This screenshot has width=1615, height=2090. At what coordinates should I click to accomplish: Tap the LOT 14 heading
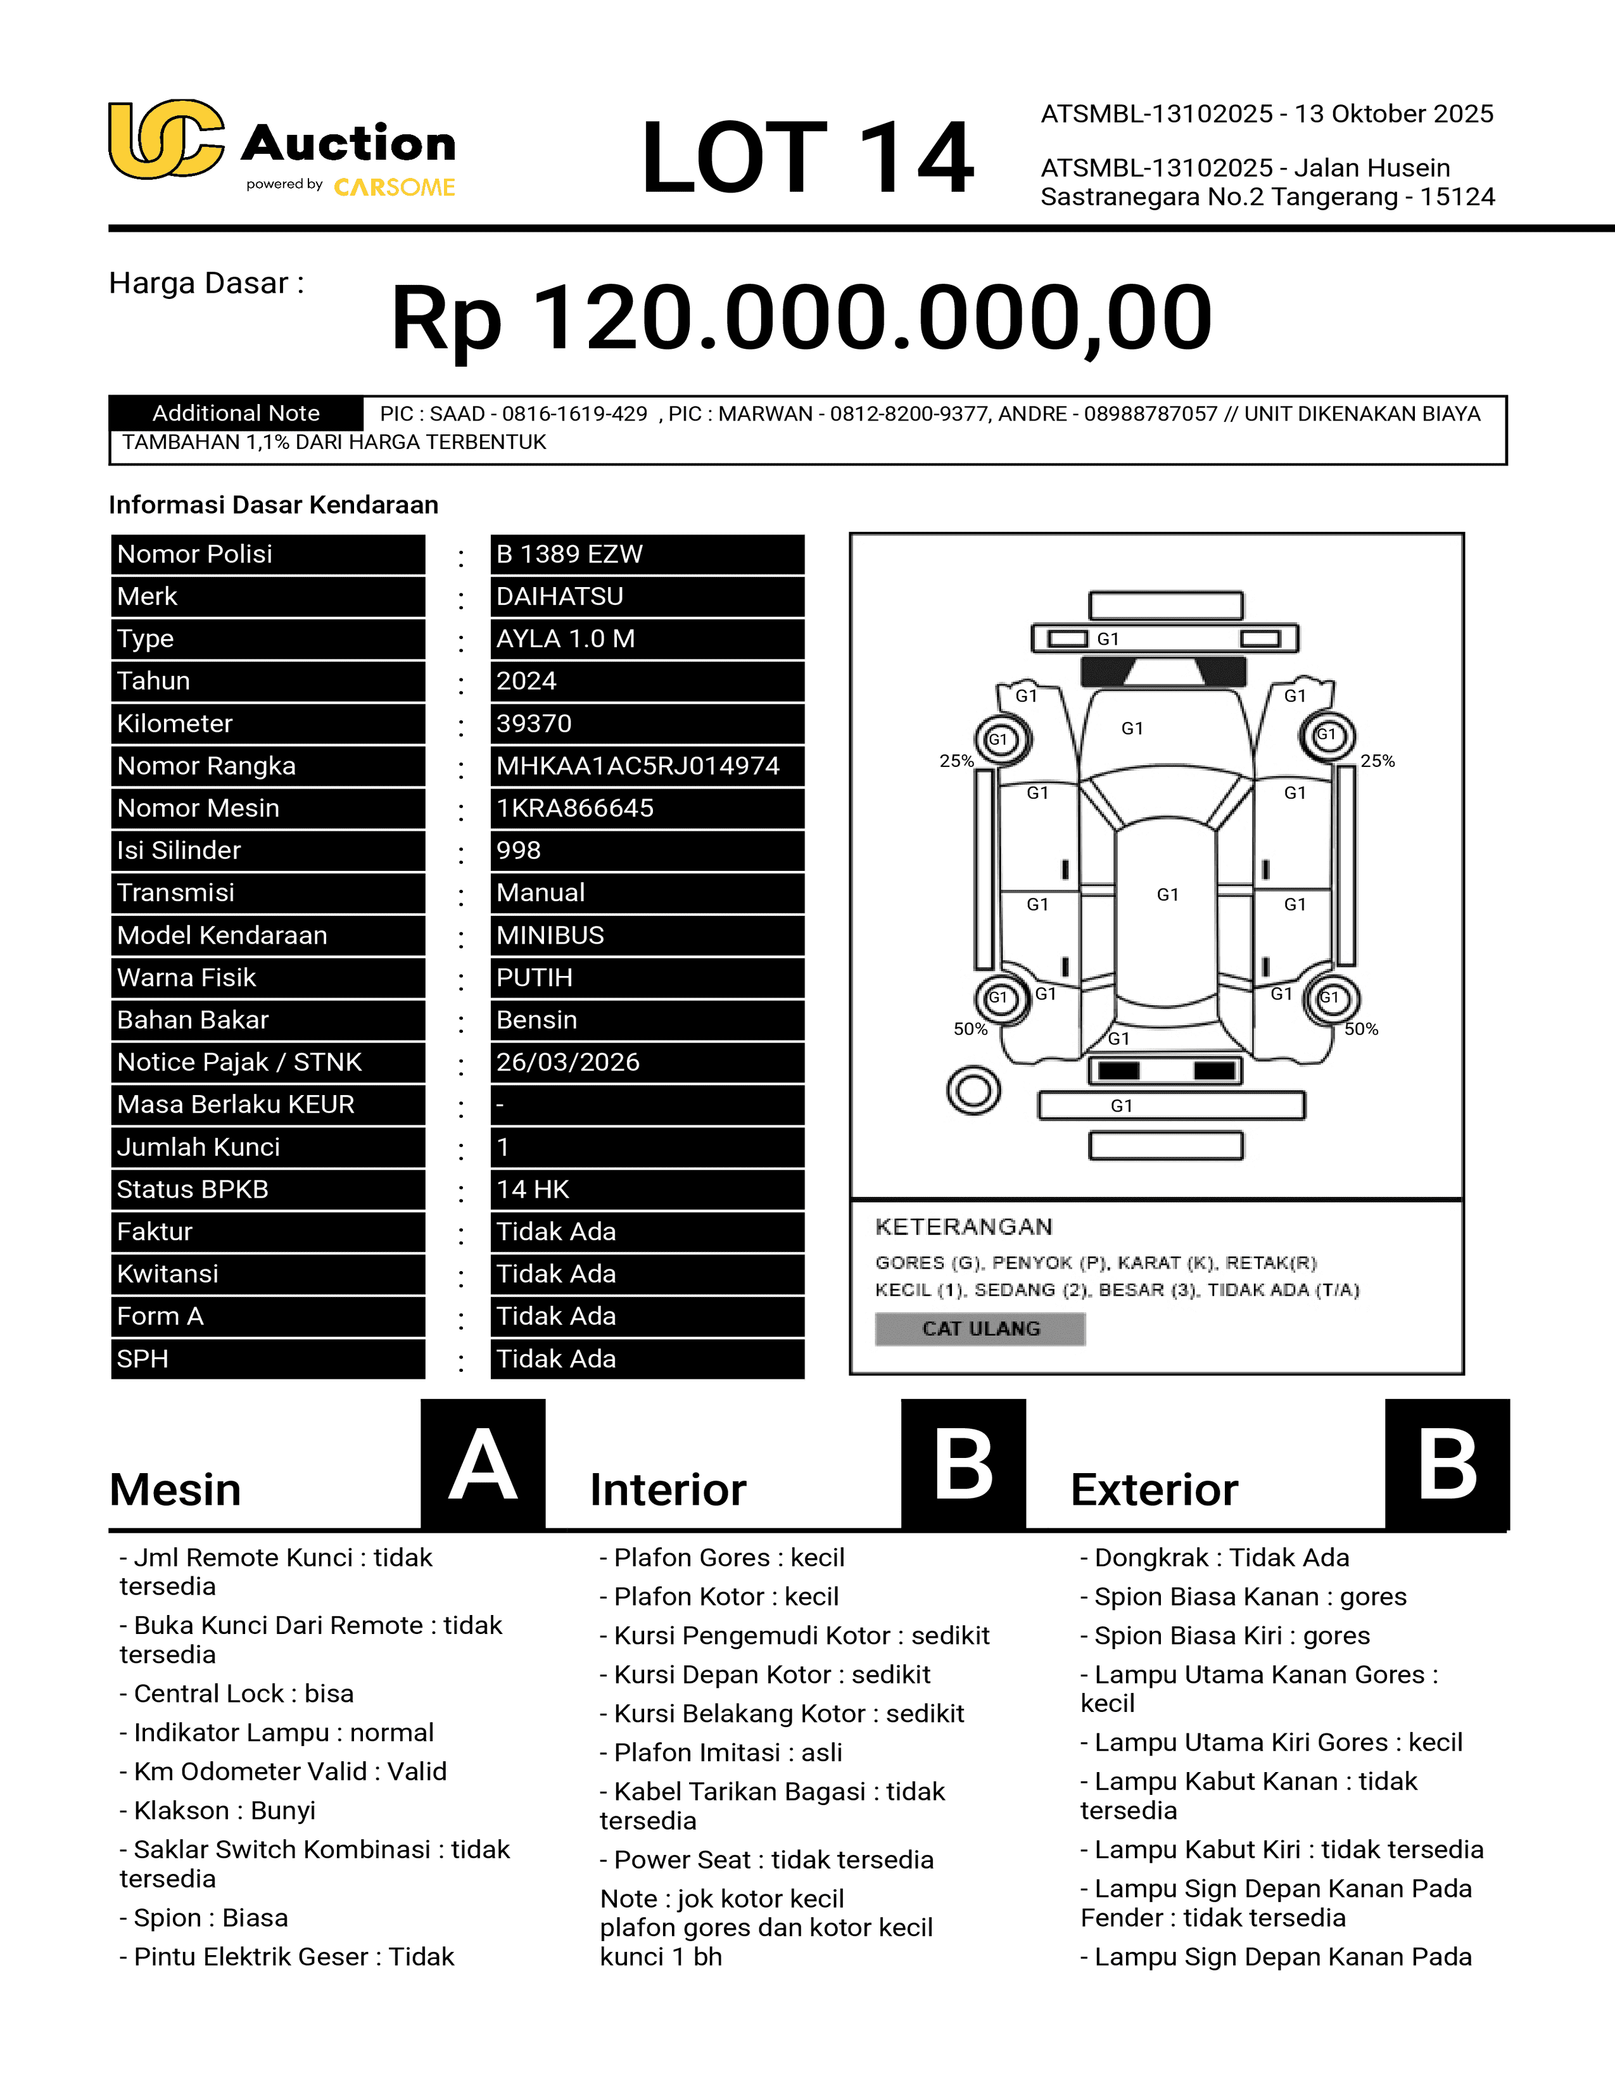[x=806, y=157]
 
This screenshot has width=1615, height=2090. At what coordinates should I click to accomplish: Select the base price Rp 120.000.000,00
[x=802, y=318]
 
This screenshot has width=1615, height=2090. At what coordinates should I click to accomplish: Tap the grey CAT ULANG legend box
[x=980, y=1328]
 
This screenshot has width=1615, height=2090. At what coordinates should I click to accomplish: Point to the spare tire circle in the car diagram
[x=973, y=1090]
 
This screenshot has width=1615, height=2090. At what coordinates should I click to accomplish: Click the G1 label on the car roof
[x=1167, y=895]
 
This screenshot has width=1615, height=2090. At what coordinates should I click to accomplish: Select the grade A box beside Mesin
[x=483, y=1464]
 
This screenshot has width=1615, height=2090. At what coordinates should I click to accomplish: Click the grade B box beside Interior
[x=963, y=1464]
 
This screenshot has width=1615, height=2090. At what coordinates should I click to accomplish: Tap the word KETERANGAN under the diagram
[x=963, y=1227]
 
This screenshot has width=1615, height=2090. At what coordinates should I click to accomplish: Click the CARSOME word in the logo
[x=394, y=187]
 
